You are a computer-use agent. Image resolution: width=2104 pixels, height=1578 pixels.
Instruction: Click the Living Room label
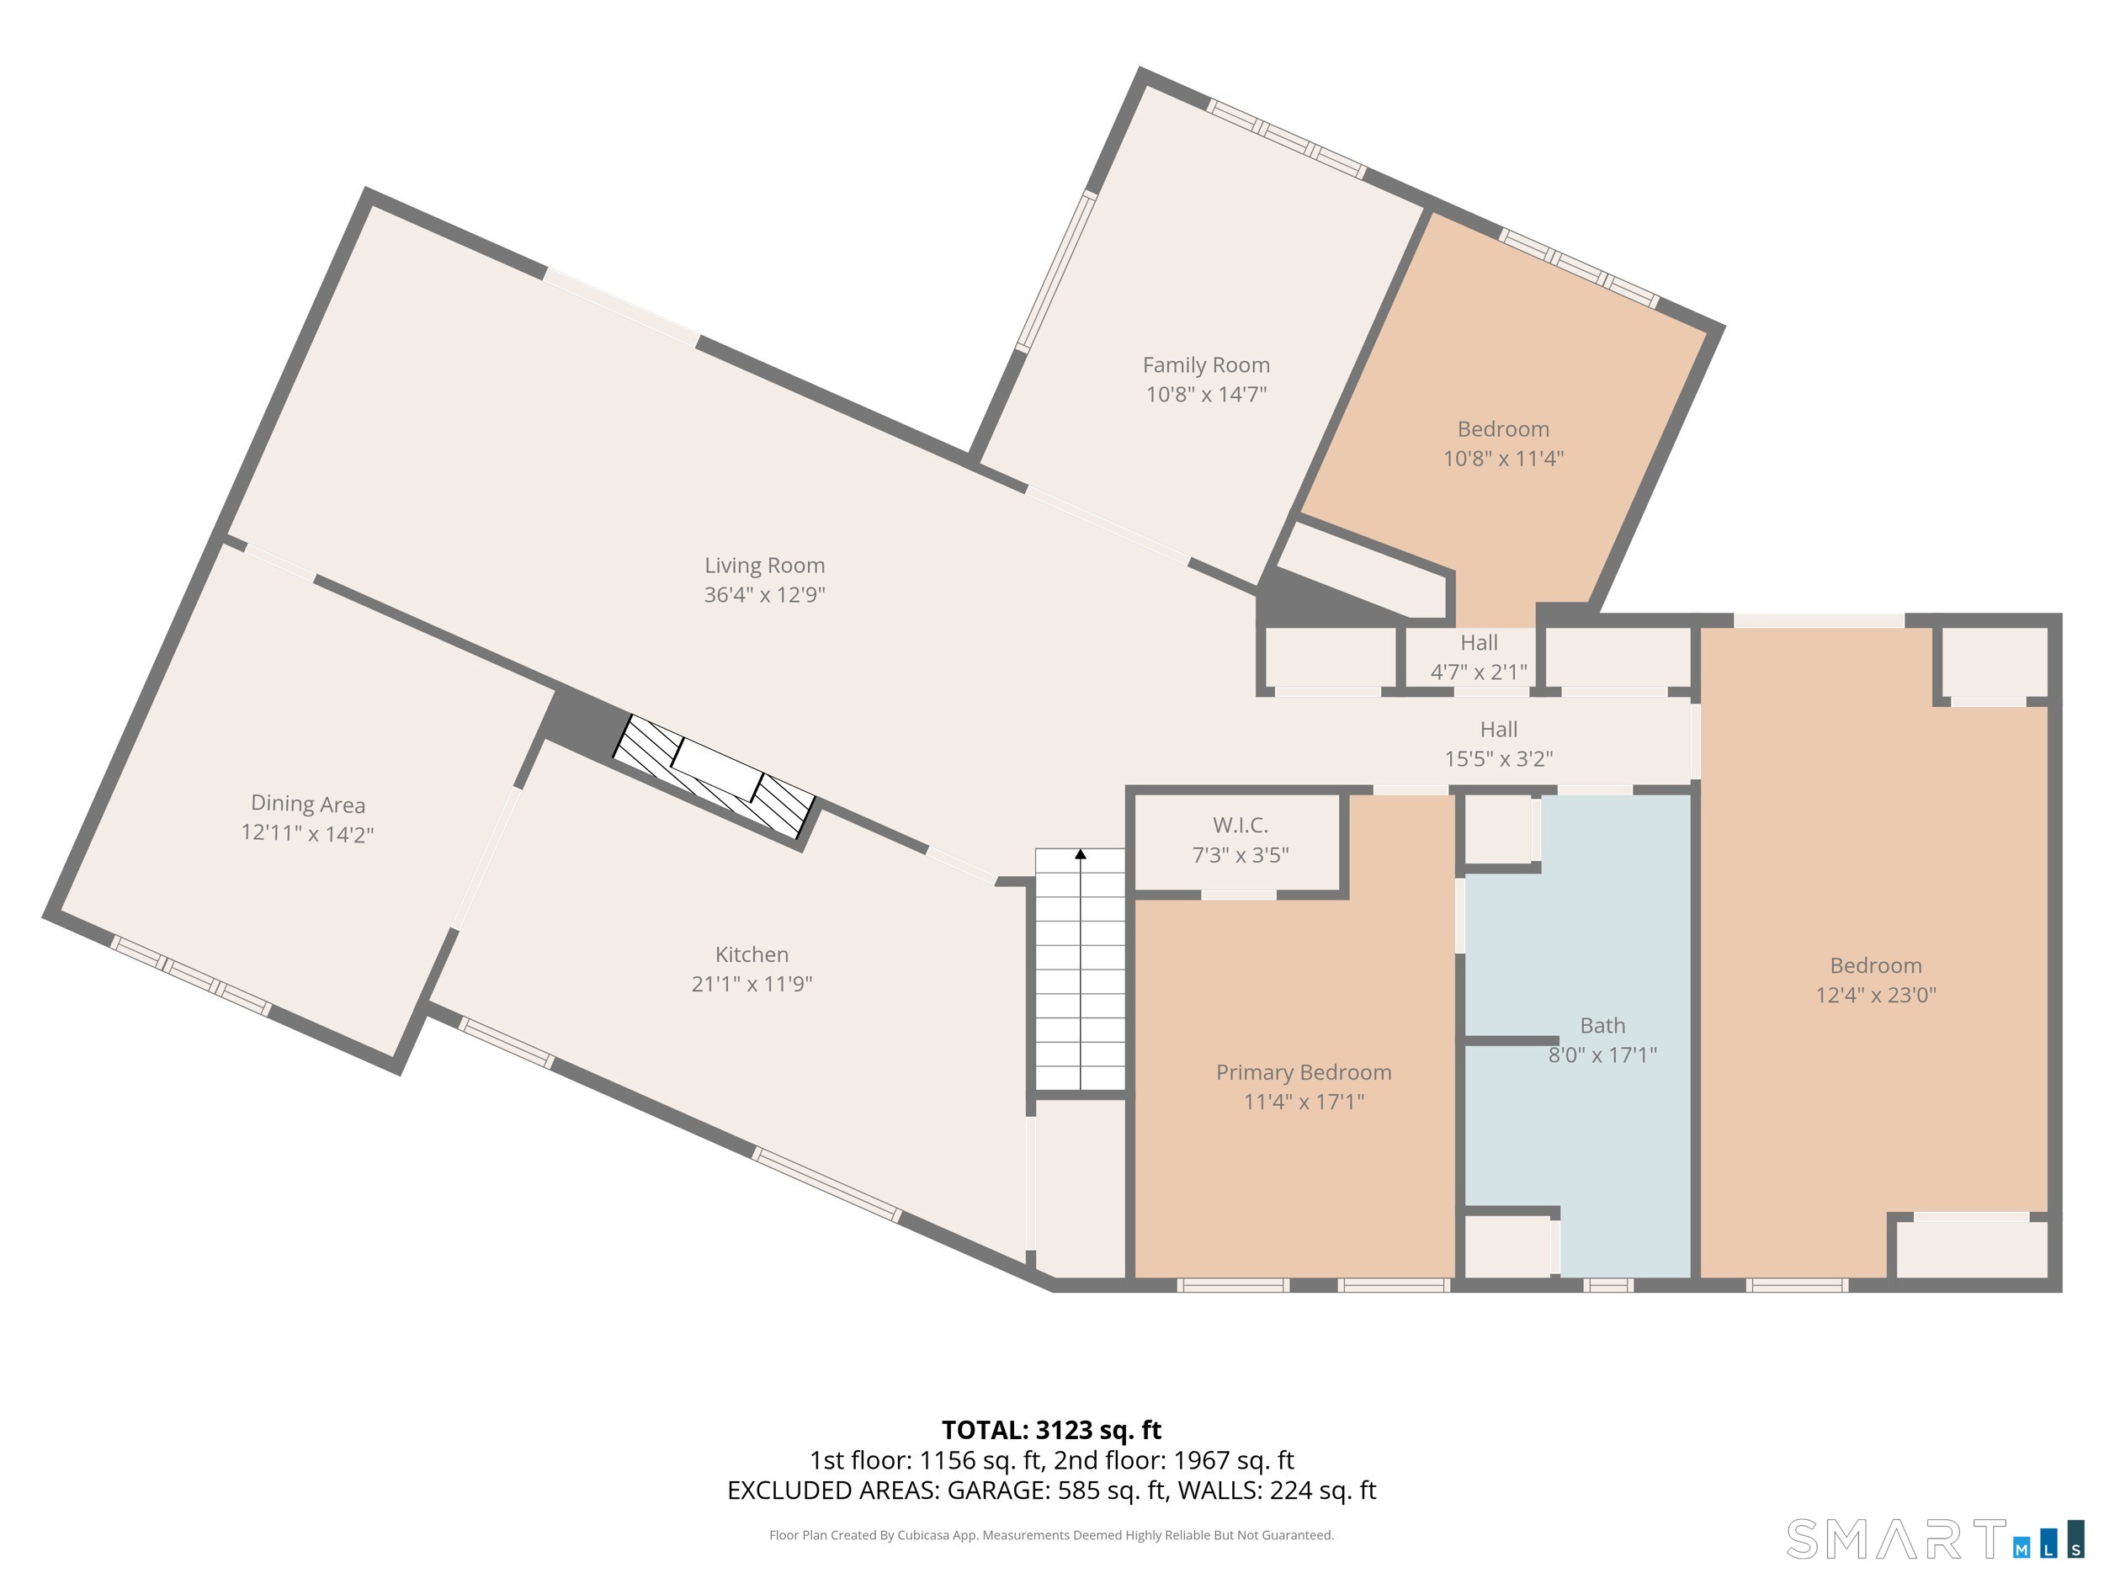(764, 565)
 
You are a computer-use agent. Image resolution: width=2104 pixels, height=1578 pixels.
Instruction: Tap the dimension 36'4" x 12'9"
(764, 594)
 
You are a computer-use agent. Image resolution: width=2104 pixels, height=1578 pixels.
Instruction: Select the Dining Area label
(307, 804)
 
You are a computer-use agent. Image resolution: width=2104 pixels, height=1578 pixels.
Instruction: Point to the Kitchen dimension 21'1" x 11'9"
(752, 984)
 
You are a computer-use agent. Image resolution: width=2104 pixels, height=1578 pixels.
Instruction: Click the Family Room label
(1205, 365)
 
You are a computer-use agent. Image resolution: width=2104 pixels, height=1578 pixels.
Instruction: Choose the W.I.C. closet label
(1240, 825)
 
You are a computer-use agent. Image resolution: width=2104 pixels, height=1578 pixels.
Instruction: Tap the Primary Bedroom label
(1303, 1072)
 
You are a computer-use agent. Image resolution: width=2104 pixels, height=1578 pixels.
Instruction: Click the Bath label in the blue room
(1602, 1025)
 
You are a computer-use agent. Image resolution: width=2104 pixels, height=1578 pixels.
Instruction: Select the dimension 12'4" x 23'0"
(1875, 995)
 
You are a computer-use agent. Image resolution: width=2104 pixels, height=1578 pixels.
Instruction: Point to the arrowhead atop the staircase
(1081, 854)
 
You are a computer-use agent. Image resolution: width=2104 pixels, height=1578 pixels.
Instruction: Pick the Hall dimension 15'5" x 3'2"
(1498, 759)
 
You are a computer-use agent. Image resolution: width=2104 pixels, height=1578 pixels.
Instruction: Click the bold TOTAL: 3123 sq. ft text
(1051, 1430)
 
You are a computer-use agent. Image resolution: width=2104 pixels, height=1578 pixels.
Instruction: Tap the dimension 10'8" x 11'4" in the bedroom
(1503, 459)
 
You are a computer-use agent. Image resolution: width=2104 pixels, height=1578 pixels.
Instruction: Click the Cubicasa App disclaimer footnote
(1051, 1534)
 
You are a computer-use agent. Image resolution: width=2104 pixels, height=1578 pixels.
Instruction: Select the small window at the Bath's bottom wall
(1607, 1285)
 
